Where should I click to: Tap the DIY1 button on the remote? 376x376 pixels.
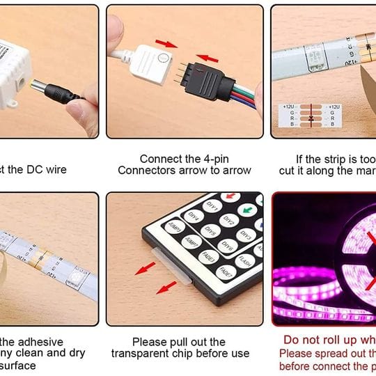[213, 207]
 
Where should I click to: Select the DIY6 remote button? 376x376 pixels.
[228, 245]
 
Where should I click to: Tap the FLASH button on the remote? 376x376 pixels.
[243, 262]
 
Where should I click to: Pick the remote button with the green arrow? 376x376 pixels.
[246, 210]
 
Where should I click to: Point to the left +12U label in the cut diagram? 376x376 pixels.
[290, 107]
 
